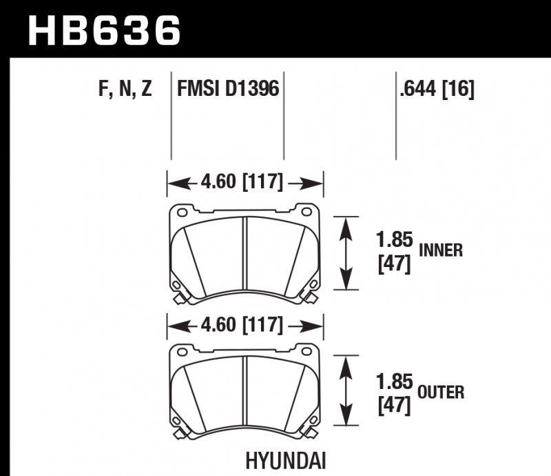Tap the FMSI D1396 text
click(228, 90)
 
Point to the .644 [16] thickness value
click(436, 90)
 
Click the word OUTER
click(441, 393)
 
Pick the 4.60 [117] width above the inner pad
click(245, 183)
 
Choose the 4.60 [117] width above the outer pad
click(245, 324)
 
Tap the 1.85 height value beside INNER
click(393, 241)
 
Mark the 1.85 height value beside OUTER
click(393, 382)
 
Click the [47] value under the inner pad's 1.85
click(394, 264)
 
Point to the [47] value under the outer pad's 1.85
click(394, 405)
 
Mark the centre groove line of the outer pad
click(246, 395)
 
